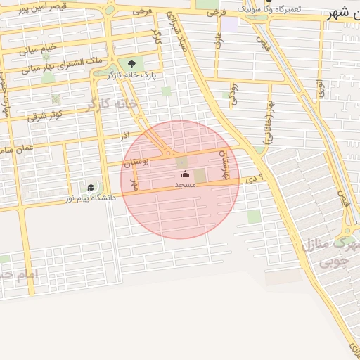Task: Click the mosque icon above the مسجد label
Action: point(185,174)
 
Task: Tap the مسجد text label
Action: point(185,184)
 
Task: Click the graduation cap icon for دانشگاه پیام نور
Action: point(91,188)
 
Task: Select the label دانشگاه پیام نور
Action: point(91,198)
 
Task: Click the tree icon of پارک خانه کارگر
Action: point(131,64)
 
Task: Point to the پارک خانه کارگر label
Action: point(134,74)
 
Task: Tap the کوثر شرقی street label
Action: point(46,115)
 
